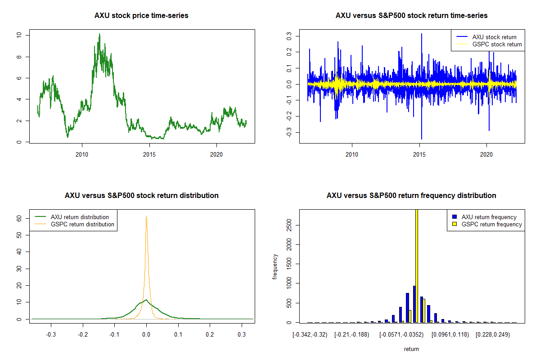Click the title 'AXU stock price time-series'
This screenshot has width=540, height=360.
pos(141,16)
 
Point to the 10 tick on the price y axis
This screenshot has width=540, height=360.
pos(18,35)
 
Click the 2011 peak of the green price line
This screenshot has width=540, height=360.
pos(99,34)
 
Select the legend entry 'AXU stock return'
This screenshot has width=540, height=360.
pos(494,37)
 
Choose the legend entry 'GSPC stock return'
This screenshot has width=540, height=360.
pos(497,44)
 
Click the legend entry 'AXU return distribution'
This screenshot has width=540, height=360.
pos(80,217)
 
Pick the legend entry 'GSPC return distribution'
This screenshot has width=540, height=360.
pos(82,224)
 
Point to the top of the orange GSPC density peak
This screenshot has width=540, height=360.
pos(146,216)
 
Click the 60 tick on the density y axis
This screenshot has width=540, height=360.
pos(18,218)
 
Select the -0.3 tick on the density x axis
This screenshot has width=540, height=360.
pos(51,334)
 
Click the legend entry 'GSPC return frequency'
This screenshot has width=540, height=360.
pos(492,224)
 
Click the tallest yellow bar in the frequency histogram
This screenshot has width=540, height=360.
pos(417,265)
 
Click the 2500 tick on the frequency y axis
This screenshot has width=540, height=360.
pos(288,226)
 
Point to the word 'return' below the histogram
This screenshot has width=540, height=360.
pos(411,349)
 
